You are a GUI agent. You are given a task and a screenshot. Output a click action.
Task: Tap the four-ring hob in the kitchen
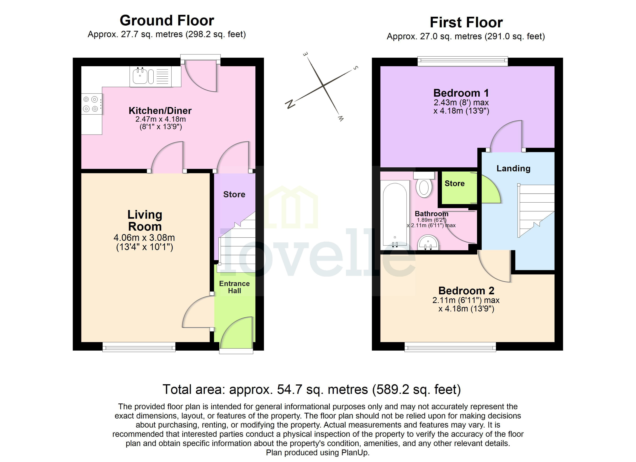(91, 104)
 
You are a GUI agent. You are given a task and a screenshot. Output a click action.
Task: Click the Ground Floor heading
(167, 20)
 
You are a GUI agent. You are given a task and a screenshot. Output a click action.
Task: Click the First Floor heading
(466, 22)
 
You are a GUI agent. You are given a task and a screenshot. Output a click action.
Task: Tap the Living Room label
(145, 220)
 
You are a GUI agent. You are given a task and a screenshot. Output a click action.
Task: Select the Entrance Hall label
(234, 287)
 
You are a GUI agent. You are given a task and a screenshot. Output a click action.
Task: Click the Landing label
(513, 168)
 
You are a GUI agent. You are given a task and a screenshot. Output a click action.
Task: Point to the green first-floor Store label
(455, 183)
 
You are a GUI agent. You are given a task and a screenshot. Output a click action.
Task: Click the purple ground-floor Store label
(234, 194)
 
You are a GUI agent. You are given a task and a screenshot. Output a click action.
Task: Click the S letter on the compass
(356, 68)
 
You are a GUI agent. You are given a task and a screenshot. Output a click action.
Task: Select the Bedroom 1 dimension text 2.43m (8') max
(461, 103)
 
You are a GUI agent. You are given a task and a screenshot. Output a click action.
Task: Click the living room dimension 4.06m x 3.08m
(144, 238)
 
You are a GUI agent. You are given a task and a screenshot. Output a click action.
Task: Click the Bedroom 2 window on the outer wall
(450, 347)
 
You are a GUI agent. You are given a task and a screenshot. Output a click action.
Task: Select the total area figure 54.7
(289, 390)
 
